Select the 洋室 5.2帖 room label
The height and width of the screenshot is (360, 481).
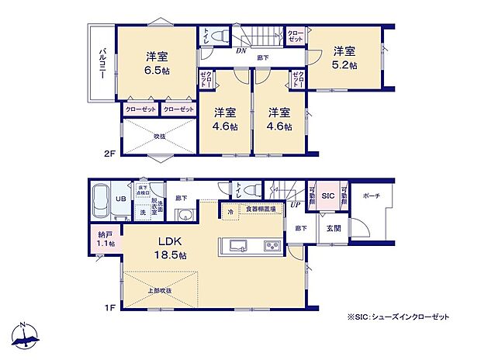coord(345,58)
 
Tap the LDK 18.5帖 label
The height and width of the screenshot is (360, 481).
coord(175,247)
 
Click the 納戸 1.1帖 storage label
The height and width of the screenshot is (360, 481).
coord(106,238)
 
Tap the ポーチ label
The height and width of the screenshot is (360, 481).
coord(370,196)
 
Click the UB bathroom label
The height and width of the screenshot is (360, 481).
coord(120,199)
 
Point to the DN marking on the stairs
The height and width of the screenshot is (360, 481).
coord(241,49)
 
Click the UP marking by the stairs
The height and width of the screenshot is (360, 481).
coord(295,205)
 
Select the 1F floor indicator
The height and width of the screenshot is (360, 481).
coord(110,308)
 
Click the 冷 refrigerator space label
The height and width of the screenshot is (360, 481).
coord(230,209)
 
